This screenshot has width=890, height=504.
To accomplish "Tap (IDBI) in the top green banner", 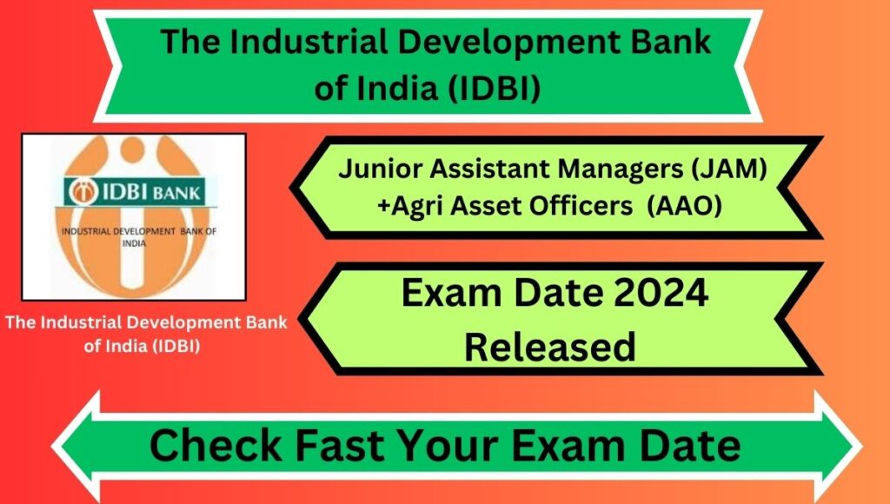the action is tap(494, 90).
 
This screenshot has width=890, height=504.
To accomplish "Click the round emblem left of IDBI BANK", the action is tap(83, 192).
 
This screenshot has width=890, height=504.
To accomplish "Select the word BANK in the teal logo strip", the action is tap(176, 194).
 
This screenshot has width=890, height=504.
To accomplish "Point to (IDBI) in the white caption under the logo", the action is tap(176, 346).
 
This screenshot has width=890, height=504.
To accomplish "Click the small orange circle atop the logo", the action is tap(132, 149).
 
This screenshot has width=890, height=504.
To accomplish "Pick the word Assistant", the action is tap(480, 169).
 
